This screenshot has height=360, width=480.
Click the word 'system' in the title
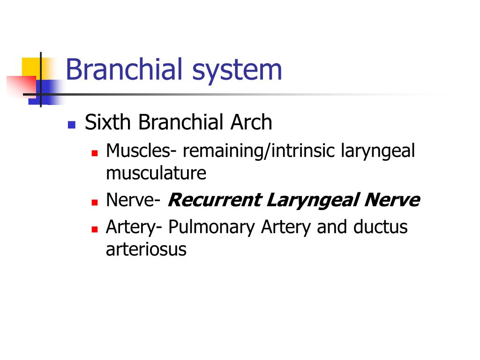(x=237, y=71)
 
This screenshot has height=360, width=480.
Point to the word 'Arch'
(x=251, y=122)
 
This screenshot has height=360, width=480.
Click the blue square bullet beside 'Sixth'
(x=72, y=125)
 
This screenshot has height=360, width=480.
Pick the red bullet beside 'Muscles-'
(x=95, y=153)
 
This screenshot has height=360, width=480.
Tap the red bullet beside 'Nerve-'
(x=95, y=202)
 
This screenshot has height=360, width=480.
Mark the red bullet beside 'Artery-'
(x=95, y=229)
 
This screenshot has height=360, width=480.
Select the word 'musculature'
(x=156, y=173)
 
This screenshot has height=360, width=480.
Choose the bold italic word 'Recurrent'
(x=215, y=200)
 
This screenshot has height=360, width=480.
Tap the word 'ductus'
(x=381, y=227)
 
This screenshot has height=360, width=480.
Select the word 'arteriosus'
(x=146, y=249)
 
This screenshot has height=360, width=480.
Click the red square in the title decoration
(x=22, y=86)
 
